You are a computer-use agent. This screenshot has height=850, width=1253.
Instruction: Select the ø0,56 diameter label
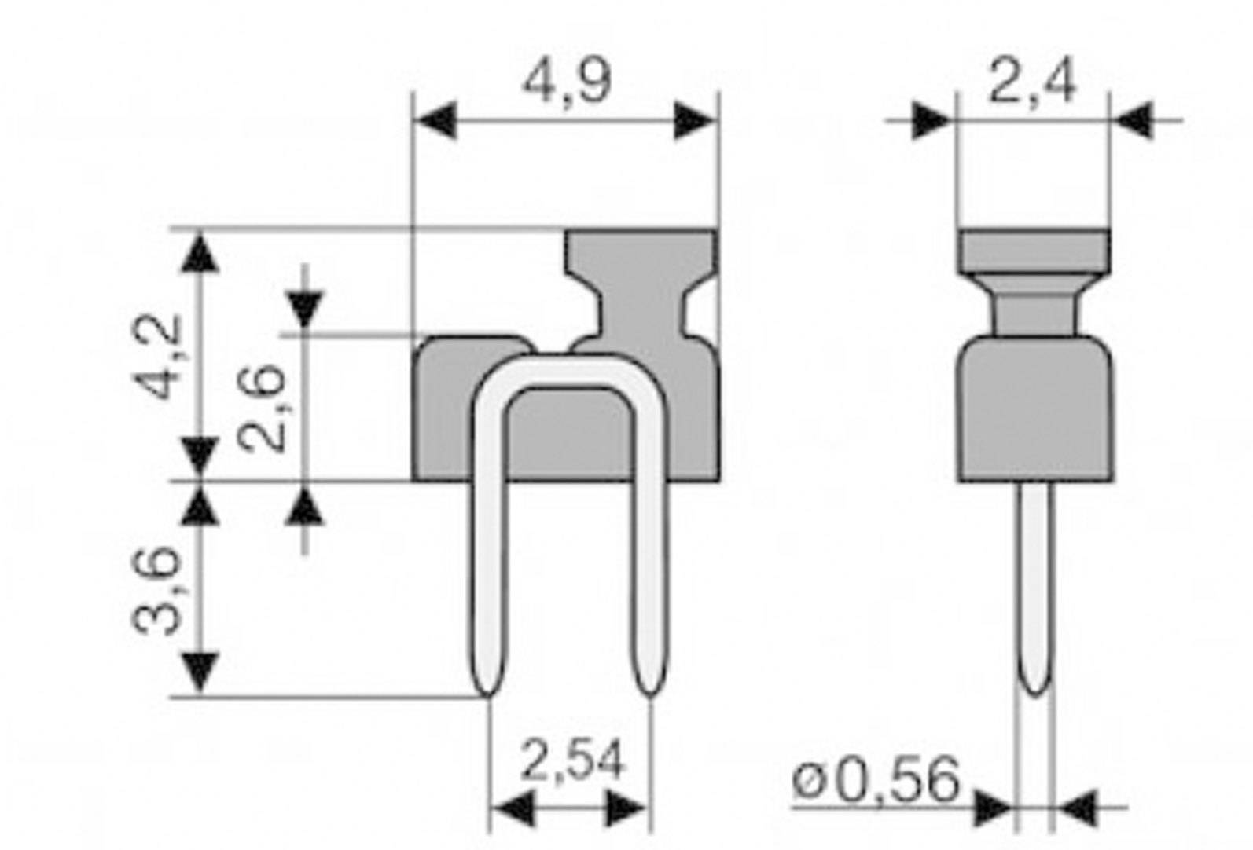pyautogui.click(x=876, y=780)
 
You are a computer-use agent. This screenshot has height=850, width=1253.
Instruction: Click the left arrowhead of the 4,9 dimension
pyautogui.click(x=435, y=120)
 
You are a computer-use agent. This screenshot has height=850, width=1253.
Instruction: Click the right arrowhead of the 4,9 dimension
pyautogui.click(x=696, y=120)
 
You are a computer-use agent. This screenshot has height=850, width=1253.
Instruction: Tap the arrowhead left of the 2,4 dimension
pyautogui.click(x=932, y=120)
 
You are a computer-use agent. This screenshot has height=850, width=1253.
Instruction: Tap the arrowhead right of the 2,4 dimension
pyautogui.click(x=1134, y=120)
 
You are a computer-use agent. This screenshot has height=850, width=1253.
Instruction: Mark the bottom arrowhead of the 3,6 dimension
pyautogui.click(x=202, y=674)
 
